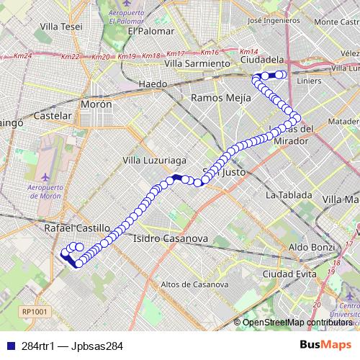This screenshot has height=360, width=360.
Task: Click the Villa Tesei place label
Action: click(62, 27)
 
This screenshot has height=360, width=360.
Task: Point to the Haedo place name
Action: click(152, 84)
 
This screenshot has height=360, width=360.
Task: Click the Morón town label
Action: click(96, 104)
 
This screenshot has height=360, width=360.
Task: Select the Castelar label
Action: click(53, 115)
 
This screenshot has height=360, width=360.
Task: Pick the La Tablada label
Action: click(289, 194)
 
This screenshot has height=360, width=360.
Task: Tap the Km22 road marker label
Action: click(71, 57)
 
